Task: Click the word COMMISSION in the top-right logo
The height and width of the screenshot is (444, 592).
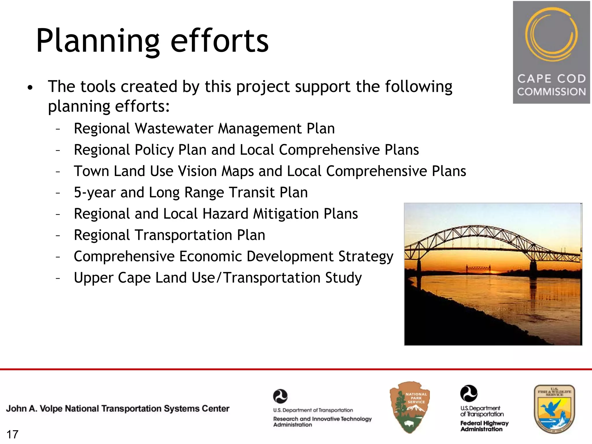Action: click(551, 92)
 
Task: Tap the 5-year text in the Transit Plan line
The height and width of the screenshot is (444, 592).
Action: click(95, 193)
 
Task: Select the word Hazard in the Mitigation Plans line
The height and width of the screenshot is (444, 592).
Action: click(225, 214)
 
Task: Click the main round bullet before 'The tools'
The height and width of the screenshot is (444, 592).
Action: click(30, 87)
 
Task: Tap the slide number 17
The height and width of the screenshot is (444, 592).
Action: click(12, 434)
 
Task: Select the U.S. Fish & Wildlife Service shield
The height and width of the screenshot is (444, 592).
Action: click(554, 409)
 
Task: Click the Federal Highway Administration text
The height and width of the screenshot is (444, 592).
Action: click(484, 426)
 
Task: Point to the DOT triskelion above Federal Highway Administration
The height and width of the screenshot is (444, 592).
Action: click(469, 393)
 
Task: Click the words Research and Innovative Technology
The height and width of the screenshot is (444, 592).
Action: click(322, 419)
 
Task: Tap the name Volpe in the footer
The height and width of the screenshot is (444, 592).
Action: click(51, 408)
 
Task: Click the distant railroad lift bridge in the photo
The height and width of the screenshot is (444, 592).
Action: click(478, 269)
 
